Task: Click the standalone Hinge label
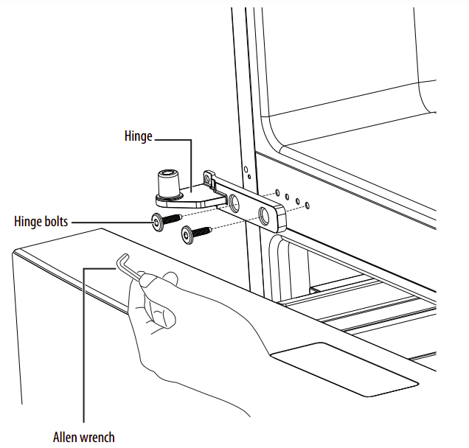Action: point(139,136)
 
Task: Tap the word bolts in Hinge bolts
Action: point(54,221)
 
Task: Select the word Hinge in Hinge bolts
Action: point(27,221)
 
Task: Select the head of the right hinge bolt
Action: point(187,236)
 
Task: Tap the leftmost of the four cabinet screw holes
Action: point(277,193)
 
